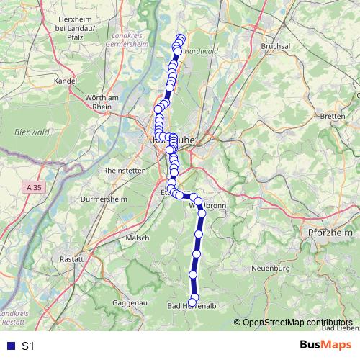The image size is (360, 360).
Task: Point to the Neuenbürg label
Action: (x=271, y=268)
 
